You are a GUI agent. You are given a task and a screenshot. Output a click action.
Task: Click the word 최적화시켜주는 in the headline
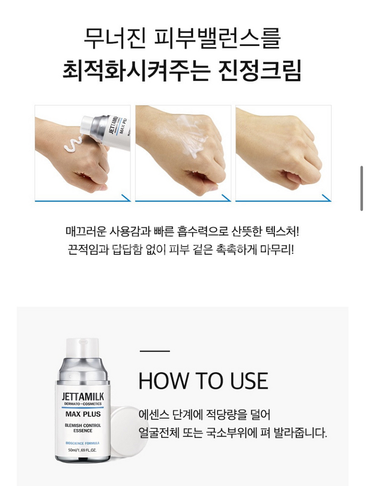coord(135,70)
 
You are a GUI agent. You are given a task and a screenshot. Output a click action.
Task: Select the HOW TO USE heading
coord(203,381)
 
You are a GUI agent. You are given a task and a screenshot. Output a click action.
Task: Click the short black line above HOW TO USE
coord(155,350)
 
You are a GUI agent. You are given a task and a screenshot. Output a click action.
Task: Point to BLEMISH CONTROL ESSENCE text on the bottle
coord(83,428)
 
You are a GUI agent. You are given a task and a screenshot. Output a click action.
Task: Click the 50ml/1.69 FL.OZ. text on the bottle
coord(83,450)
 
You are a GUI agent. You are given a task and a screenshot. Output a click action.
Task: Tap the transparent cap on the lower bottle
coord(82,348)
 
